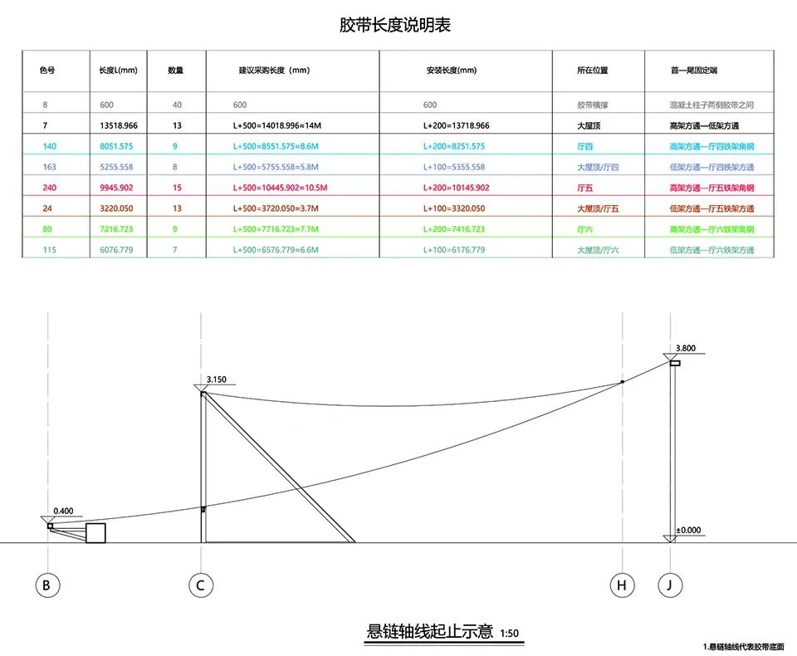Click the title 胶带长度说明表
click(395, 25)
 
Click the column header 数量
click(176, 71)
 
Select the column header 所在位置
click(593, 71)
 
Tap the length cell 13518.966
click(119, 125)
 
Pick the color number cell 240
click(49, 188)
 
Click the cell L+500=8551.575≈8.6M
click(276, 146)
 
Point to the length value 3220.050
click(116, 208)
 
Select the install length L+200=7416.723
click(454, 229)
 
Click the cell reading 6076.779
click(116, 250)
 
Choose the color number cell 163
click(49, 167)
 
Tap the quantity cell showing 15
click(177, 188)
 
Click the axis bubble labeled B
click(48, 585)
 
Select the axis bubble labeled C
click(201, 585)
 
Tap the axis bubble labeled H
click(622, 585)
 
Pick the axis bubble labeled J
click(670, 585)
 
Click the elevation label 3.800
click(686, 348)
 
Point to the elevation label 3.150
click(217, 379)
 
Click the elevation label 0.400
click(64, 511)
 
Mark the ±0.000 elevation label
click(689, 530)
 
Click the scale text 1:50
click(509, 634)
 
